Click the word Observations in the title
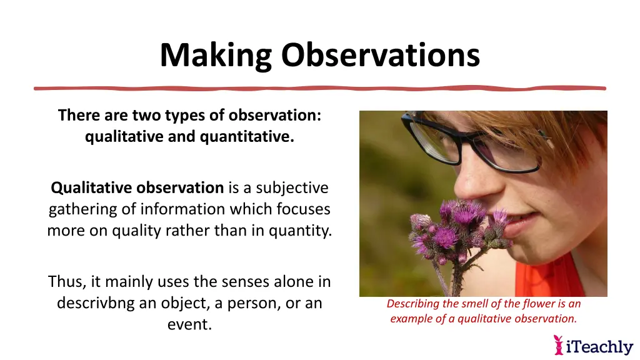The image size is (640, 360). point(380,56)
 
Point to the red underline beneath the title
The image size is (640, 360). point(320,88)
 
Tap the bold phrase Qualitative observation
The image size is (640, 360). point(137,187)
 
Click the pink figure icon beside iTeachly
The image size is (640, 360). point(559,345)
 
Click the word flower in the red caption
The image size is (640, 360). point(538,304)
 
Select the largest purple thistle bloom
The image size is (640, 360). point(465,212)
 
